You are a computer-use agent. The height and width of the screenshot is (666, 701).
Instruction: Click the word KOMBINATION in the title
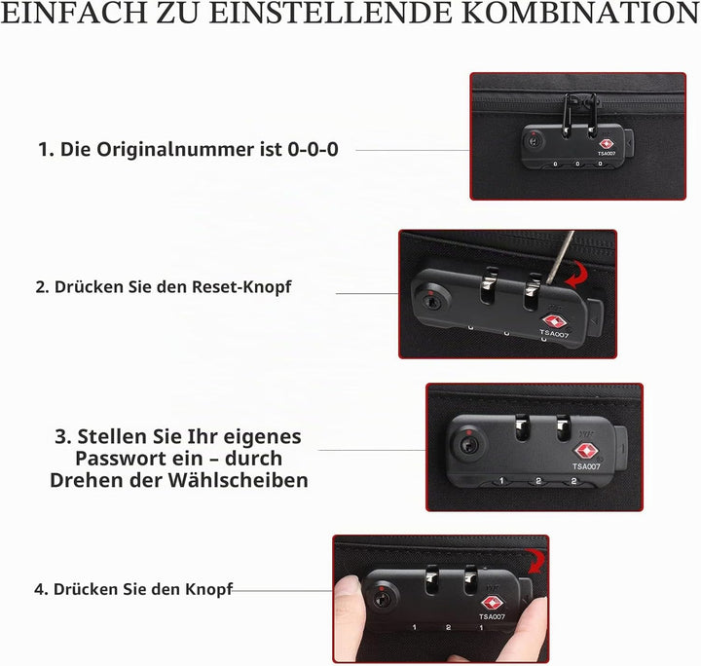(580, 13)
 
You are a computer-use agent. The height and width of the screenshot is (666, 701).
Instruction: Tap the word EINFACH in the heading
(74, 13)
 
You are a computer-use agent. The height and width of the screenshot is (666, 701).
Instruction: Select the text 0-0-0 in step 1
(313, 149)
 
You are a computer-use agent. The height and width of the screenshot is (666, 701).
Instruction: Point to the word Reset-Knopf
(241, 287)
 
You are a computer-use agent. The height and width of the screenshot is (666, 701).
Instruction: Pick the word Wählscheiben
(238, 480)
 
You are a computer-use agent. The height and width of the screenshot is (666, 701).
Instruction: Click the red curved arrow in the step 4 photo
(535, 561)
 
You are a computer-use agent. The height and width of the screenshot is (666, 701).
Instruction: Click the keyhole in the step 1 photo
(534, 142)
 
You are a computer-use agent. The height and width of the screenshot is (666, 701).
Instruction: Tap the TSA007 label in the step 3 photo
(586, 466)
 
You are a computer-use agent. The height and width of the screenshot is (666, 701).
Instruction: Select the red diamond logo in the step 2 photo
(554, 321)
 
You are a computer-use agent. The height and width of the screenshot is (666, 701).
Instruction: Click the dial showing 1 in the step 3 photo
(501, 481)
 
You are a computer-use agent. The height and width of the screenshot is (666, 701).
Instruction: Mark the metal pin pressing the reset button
(560, 257)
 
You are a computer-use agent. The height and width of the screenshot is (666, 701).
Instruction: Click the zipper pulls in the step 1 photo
(580, 114)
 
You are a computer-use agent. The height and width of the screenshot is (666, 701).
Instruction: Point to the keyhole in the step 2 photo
(431, 302)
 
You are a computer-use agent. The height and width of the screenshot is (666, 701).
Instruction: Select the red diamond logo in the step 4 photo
(493, 604)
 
